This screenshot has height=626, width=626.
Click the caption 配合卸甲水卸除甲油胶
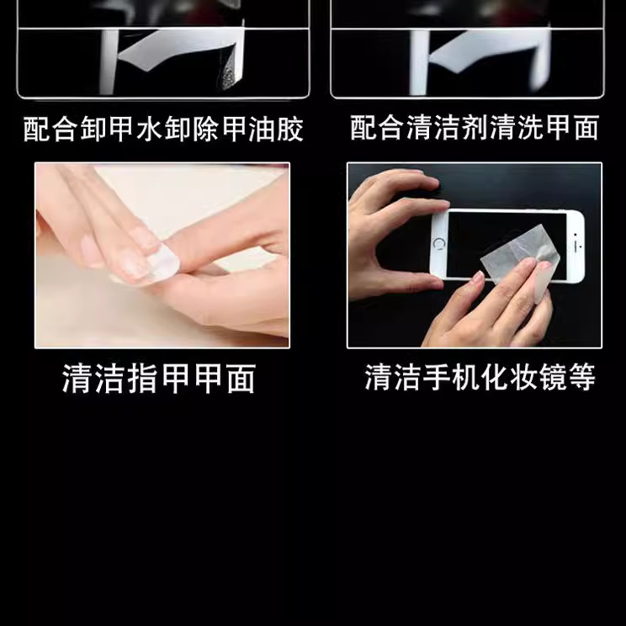click(163, 129)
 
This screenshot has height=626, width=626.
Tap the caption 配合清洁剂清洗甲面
click(475, 128)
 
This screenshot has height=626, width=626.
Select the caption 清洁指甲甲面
click(159, 378)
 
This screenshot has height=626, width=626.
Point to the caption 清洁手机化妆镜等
click(480, 376)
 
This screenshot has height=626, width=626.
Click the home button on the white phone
click(439, 243)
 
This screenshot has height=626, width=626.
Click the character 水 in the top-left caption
click(149, 129)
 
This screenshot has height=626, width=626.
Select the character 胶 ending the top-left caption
click(290, 129)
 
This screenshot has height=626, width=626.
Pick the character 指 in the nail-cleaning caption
click(142, 378)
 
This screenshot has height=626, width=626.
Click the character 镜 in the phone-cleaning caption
click(552, 376)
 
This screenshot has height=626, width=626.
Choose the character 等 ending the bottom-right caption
click(581, 376)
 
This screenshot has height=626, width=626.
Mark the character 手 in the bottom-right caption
click(437, 376)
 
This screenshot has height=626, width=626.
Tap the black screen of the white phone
click(507, 244)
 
